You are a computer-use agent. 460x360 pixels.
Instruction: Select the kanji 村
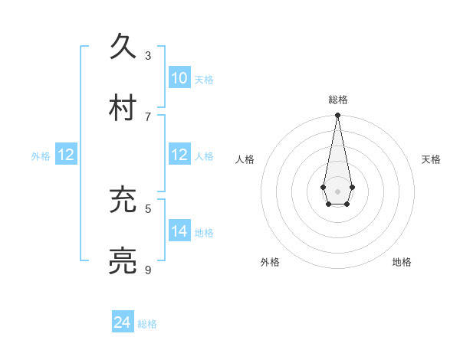123,107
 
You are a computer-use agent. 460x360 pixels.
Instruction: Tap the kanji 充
123,201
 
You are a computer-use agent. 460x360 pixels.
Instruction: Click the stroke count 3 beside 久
148,55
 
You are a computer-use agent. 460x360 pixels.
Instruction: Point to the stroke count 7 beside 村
148,116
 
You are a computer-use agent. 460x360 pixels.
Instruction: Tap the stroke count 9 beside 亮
148,270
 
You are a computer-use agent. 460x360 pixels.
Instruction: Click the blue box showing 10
179,78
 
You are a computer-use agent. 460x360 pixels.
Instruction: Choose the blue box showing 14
179,231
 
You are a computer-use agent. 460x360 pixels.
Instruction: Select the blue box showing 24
123,322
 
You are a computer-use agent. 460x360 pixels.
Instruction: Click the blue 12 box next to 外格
66,155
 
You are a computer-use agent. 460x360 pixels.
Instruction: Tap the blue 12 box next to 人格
179,155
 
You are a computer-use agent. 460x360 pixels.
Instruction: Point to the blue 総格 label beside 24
147,324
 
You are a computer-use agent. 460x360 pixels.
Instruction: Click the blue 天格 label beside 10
204,79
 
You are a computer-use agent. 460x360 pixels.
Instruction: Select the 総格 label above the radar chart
337,100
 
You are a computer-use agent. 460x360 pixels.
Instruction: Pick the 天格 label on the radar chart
431,159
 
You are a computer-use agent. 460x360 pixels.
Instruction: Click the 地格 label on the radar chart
402,262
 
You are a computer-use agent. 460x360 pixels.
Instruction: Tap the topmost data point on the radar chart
337,116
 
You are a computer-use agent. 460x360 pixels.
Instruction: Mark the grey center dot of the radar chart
337,191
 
